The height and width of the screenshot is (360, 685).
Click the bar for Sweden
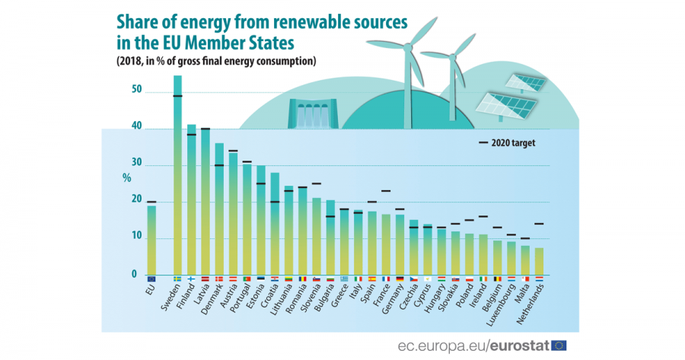(177, 175)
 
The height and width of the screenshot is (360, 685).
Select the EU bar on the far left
(151, 240)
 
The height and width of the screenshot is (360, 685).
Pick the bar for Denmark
(219, 209)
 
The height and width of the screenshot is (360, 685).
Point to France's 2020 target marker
(386, 191)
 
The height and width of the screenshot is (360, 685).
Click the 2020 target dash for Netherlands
(540, 224)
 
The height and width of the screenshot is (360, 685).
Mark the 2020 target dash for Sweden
(177, 96)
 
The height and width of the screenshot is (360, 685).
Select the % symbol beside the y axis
(126, 178)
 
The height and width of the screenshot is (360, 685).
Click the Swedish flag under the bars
(177, 279)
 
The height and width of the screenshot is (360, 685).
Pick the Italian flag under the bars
(358, 279)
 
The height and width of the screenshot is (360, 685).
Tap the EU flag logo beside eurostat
(559, 346)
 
